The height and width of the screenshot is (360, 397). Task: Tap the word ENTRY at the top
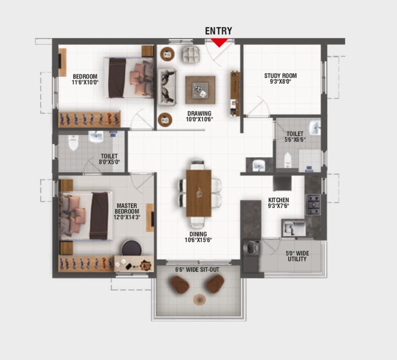(x=219, y=31)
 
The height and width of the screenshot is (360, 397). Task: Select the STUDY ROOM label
(x=280, y=76)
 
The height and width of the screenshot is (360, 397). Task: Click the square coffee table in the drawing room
(x=200, y=90)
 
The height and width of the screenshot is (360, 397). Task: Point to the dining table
(x=199, y=193)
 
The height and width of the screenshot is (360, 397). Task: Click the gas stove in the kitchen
(x=313, y=204)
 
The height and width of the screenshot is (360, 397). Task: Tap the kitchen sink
(x=294, y=228)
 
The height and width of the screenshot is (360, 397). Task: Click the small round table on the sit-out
(x=200, y=300)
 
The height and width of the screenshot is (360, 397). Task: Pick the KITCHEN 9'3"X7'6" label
(x=278, y=203)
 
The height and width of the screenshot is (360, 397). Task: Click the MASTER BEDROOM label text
(x=127, y=208)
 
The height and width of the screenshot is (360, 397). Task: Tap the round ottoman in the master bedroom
(x=132, y=247)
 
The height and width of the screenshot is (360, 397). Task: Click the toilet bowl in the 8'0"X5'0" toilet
(x=73, y=142)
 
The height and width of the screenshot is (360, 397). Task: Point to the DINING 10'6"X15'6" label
(x=198, y=237)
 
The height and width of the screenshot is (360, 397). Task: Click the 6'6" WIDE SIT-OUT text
(x=197, y=270)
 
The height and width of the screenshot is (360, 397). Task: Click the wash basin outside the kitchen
(x=259, y=165)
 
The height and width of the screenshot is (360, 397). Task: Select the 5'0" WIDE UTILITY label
(x=297, y=256)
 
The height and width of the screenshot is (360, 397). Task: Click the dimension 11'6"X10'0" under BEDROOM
(x=85, y=82)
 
